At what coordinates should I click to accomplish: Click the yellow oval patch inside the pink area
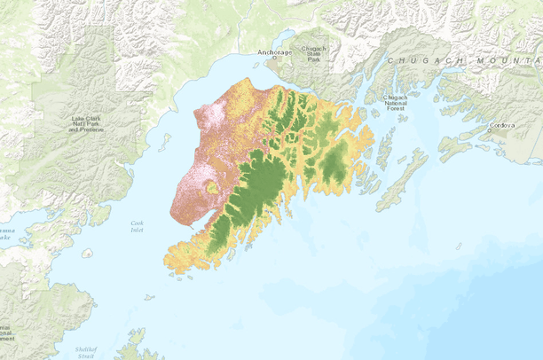coord(211,187)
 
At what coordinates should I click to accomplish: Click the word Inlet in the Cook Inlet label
coord(137,230)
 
